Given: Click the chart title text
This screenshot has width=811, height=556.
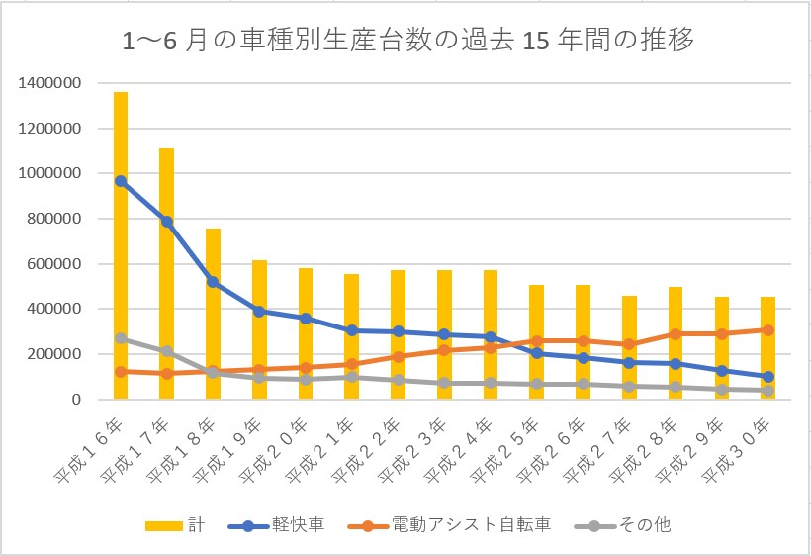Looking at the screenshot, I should (x=406, y=42).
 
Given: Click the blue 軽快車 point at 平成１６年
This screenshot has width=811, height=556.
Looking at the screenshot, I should (x=121, y=181).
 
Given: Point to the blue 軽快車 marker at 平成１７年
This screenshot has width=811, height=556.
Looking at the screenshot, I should (x=166, y=222).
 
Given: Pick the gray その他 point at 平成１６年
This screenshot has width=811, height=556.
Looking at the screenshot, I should (x=121, y=338).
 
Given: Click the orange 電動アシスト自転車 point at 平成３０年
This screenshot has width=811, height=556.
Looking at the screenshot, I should (x=767, y=330).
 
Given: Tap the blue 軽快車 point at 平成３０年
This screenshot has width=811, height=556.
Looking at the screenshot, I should (x=767, y=376).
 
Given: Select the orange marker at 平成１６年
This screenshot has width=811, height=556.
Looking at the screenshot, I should (x=121, y=372).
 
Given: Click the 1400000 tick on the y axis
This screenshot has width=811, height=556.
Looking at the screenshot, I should (x=48, y=83).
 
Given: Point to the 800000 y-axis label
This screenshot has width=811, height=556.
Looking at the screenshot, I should (x=52, y=219).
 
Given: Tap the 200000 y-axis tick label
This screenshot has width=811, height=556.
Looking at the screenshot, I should (x=52, y=354).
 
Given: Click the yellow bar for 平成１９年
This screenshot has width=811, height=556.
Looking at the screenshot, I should (x=259, y=336).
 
